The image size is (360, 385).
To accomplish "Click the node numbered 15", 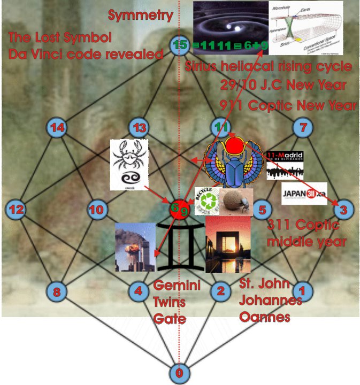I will tap(179, 45).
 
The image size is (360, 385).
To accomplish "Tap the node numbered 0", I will tap(179, 373).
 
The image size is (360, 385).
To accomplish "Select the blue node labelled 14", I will tap(56, 127).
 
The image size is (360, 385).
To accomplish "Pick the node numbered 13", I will tap(139, 127).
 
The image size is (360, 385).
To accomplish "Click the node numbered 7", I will tap(303, 127).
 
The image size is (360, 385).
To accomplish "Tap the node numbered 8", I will tap(56, 291).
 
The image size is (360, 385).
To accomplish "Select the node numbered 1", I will tap(303, 291).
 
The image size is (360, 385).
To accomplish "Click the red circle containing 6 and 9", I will tap(179, 209).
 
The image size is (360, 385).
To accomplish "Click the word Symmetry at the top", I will tap(140, 16).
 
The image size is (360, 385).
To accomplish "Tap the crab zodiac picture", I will tap(129, 165).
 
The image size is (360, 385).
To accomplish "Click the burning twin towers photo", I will tap(134, 247).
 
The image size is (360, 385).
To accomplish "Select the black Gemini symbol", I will tap(180, 246).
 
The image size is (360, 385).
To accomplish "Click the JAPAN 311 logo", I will tap(303, 194).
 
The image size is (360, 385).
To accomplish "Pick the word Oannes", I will tap(265, 317).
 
